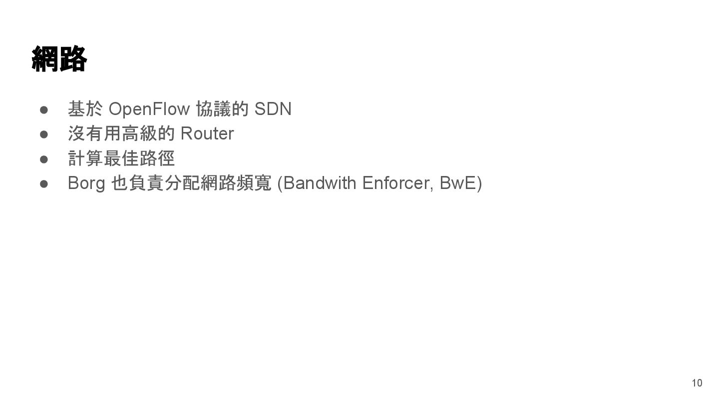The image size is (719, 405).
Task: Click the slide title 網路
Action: click(59, 59)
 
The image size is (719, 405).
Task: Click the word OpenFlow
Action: click(149, 109)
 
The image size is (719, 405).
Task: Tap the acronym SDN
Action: click(273, 109)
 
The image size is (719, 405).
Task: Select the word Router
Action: click(207, 133)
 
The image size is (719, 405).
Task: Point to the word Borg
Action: click(86, 183)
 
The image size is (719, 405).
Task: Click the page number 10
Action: click(697, 383)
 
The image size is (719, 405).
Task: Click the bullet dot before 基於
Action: click(43, 109)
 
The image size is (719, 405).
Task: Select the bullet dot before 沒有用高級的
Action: click(43, 134)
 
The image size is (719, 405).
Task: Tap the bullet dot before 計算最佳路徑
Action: click(43, 159)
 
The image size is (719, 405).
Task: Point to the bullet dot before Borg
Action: click(43, 184)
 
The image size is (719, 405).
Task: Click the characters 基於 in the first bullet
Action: click(85, 109)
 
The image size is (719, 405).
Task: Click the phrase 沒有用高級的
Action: click(121, 133)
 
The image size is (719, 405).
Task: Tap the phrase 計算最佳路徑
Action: click(121, 158)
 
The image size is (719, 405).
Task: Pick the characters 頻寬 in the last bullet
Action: click(254, 183)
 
